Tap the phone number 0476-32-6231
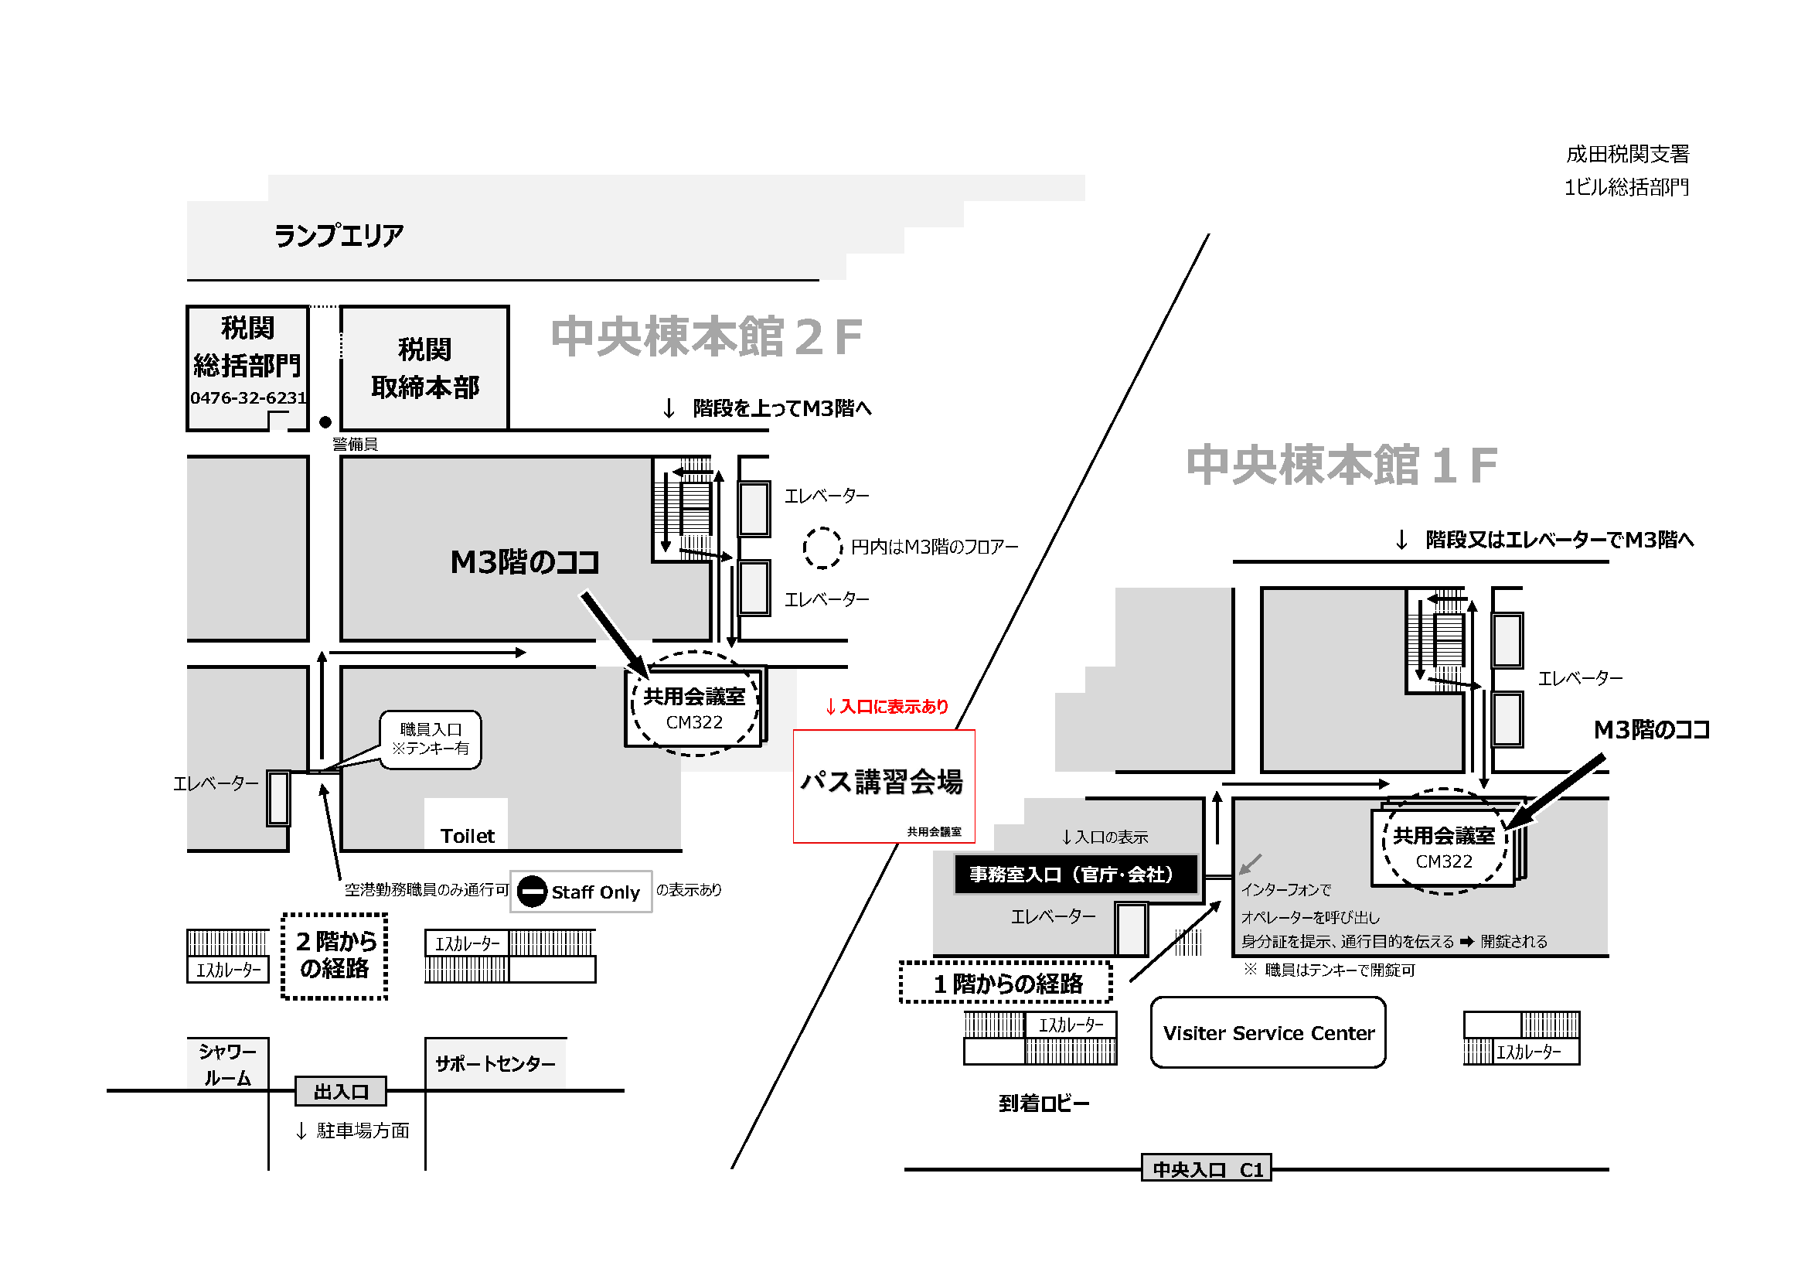tap(248, 398)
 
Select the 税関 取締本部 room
tap(424, 368)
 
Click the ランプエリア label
tap(339, 236)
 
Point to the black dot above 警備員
tap(325, 422)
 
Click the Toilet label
tap(467, 836)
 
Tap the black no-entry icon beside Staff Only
tap(533, 892)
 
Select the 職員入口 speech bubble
tap(430, 738)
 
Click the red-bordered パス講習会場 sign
tap(884, 786)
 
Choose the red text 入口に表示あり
tap(887, 707)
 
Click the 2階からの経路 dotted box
tap(335, 955)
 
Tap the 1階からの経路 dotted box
tap(1006, 983)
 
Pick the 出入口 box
tap(341, 1092)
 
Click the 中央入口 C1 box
tap(1207, 1169)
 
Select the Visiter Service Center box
tap(1268, 1032)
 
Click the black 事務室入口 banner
tap(1076, 875)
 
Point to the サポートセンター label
tap(495, 1063)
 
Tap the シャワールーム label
tap(227, 1064)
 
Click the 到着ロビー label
tap(1044, 1103)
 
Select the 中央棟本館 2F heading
tap(707, 337)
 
